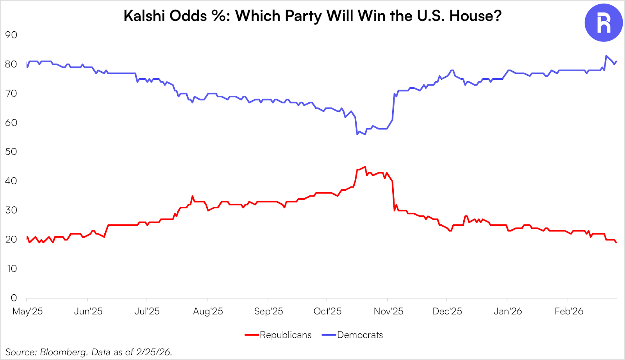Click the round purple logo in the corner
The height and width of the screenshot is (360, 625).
(603, 23)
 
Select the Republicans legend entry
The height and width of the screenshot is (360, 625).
(286, 335)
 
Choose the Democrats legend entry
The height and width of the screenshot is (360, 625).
(360, 335)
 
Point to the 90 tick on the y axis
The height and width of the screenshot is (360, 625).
(11, 35)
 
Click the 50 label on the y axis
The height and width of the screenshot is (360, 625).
(11, 152)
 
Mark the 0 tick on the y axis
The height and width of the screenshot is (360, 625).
(14, 298)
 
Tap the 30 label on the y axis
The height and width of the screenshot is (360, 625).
(11, 210)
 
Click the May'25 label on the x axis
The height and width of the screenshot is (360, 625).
(27, 311)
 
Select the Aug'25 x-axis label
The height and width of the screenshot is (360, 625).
(208, 311)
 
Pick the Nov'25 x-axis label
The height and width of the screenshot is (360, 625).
(388, 311)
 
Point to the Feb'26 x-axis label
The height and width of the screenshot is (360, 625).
(569, 311)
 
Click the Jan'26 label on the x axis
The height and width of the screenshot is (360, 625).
(508, 311)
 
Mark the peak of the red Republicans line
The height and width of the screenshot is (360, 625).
(365, 167)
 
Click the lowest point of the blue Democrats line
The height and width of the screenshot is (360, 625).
(357, 134)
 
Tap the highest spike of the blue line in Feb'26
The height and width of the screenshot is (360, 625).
(606, 56)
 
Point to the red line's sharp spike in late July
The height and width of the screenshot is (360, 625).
(192, 196)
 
